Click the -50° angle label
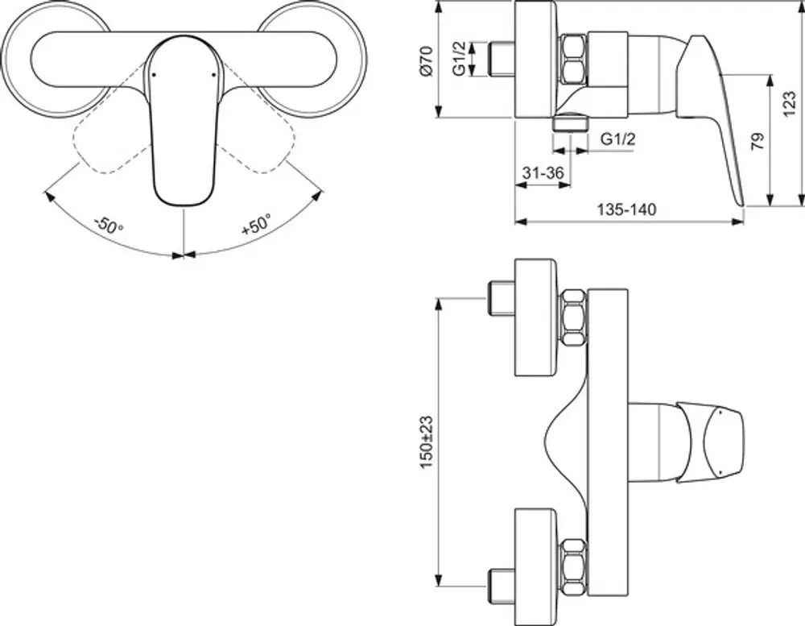pyautogui.click(x=109, y=225)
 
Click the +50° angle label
pyautogui.click(x=256, y=225)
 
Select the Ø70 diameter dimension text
pyautogui.click(x=427, y=60)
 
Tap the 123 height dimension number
pyautogui.click(x=790, y=103)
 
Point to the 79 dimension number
pyautogui.click(x=758, y=141)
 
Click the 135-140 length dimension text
pyautogui.click(x=626, y=209)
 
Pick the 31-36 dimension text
pyautogui.click(x=543, y=172)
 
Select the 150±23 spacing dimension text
pyautogui.click(x=427, y=442)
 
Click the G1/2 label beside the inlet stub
pyautogui.click(x=460, y=59)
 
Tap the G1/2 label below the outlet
pyautogui.click(x=618, y=139)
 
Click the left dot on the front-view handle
pyautogui.click(x=154, y=75)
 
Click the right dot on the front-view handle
pyautogui.click(x=213, y=75)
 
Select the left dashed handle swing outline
pyautogui.click(x=112, y=138)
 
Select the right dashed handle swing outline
pyautogui.click(x=257, y=138)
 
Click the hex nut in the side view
pyautogui.click(x=574, y=59)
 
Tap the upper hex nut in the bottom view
pyautogui.click(x=574, y=317)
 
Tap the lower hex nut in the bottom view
pyautogui.click(x=574, y=568)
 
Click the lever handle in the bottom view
pyautogui.click(x=709, y=442)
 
